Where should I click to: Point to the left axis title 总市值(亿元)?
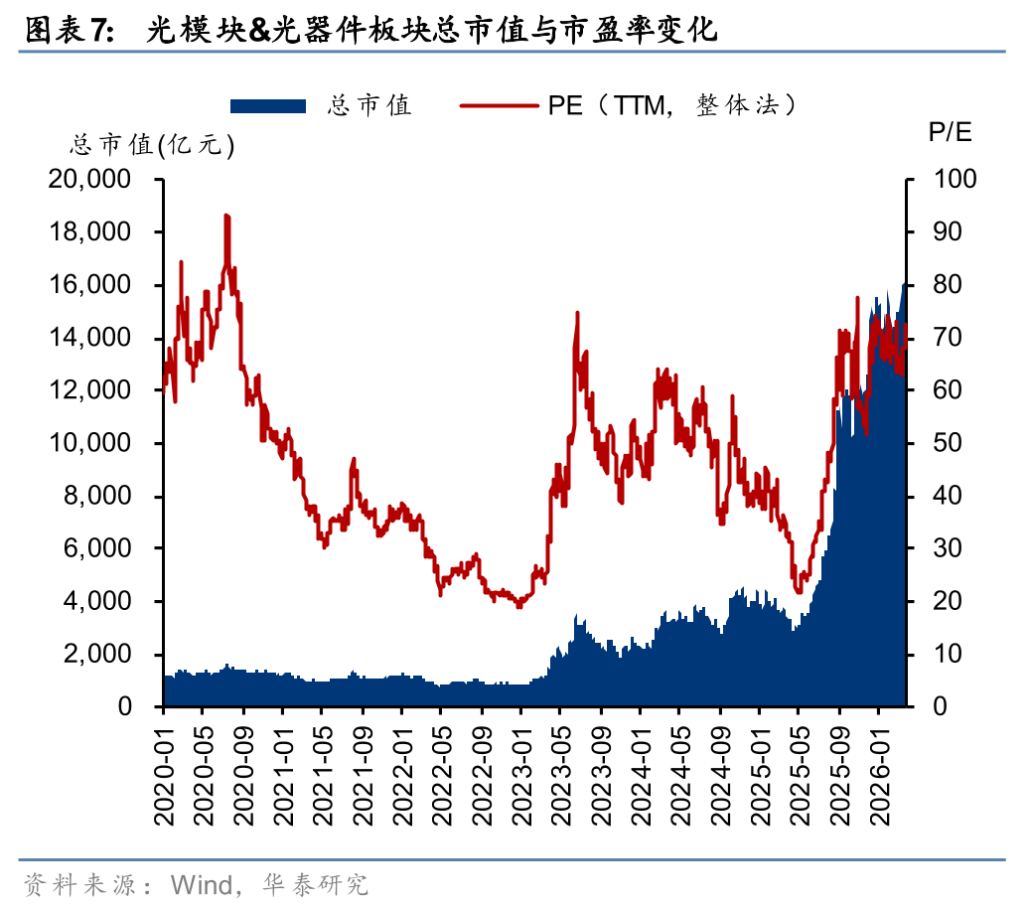pos(152,145)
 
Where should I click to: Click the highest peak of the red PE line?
pos(226,216)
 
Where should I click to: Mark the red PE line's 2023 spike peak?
pos(577,313)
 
